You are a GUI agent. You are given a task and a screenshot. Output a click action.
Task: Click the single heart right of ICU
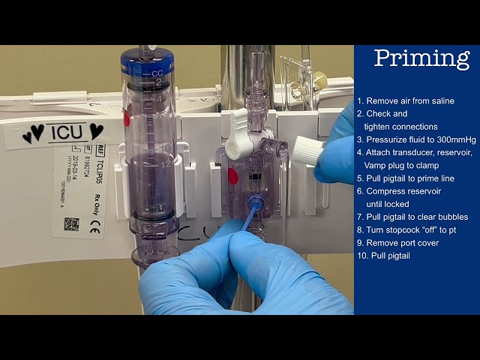[96, 131]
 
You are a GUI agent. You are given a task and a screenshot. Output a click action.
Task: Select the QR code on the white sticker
[71, 223]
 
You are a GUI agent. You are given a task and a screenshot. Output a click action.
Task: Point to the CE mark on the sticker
[94, 229]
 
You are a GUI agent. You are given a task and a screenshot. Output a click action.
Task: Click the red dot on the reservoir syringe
[127, 118]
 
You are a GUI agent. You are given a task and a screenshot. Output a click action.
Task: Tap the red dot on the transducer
[233, 176]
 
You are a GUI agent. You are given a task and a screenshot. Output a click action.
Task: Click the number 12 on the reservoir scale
[165, 163]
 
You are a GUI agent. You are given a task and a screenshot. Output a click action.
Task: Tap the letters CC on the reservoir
[157, 74]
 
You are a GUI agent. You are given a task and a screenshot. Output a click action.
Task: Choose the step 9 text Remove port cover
[402, 242]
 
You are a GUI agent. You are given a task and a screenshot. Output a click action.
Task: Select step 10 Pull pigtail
[387, 255]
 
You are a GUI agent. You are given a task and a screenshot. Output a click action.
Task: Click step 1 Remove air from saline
[415, 101]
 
